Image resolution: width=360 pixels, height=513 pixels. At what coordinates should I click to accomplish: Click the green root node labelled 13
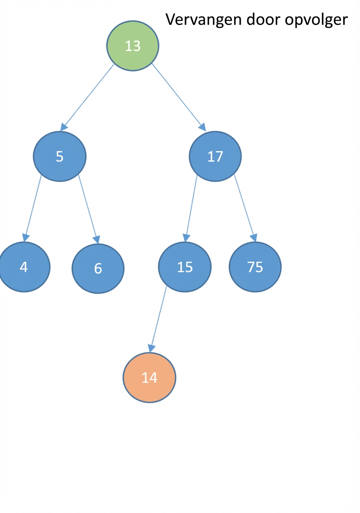132,46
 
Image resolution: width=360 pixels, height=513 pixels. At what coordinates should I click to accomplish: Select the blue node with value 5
60,157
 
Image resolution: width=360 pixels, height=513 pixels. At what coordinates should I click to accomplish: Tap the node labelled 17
215,157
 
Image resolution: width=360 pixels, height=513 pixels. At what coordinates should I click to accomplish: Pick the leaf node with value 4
24,267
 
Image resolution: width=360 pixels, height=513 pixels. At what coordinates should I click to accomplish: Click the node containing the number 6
98,269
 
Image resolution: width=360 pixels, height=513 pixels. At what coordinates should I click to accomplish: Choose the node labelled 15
185,267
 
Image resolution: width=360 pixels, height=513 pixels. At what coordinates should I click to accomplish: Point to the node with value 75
255,267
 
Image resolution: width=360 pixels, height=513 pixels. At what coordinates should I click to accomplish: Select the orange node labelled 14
150,378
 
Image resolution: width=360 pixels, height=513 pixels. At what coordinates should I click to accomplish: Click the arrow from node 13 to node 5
87,97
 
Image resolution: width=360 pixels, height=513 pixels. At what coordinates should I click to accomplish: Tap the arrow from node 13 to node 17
179,97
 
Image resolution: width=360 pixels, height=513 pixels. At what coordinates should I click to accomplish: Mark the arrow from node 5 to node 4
32,208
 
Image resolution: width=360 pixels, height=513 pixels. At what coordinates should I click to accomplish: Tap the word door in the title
263,20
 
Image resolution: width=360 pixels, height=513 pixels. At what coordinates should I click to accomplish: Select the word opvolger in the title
316,20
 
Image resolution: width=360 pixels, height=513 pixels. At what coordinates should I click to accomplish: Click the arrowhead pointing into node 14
151,349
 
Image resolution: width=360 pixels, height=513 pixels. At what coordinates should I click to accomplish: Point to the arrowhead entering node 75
254,238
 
